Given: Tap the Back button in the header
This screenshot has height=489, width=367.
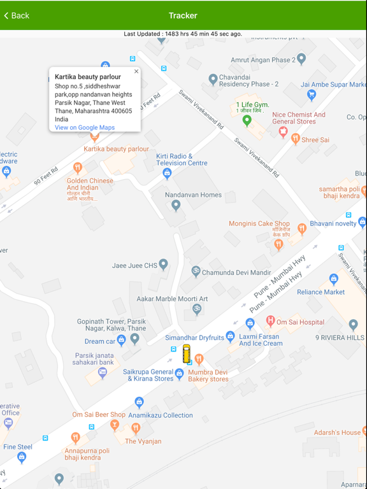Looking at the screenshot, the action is [17, 15].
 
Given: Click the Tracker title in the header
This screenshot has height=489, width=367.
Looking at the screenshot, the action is [183, 15].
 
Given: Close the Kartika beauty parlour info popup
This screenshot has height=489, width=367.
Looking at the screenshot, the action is [136, 72].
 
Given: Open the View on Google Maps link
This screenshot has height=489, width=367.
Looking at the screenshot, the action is [85, 127].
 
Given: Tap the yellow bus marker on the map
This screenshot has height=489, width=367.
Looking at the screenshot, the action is [187, 353].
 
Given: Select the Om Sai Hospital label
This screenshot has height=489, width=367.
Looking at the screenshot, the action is [300, 322].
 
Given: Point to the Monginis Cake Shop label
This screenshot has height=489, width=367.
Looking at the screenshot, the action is [259, 224].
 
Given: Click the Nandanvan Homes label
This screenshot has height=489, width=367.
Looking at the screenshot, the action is [193, 195].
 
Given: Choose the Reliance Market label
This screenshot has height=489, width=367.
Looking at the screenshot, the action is [320, 292].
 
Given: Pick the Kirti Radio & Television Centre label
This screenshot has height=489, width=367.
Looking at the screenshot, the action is [182, 159].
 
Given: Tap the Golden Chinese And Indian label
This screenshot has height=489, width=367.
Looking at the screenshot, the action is [90, 184].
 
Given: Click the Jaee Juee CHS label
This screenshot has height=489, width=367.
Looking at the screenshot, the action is [134, 266].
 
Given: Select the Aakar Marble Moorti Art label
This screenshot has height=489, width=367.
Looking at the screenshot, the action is [172, 299].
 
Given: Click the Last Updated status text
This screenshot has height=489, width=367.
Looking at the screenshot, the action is [183, 34].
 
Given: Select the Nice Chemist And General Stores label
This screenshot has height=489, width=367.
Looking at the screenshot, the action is [298, 118].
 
